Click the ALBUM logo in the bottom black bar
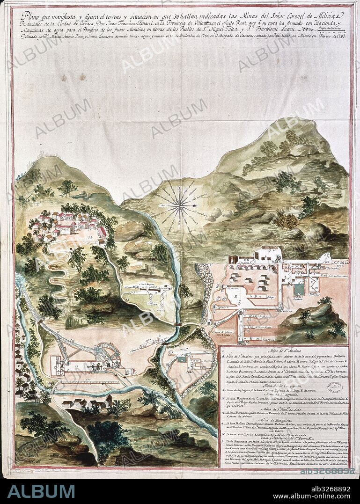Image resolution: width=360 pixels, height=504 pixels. pyautogui.click(x=41, y=491)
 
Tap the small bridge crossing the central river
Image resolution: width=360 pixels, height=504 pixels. pyautogui.click(x=177, y=324)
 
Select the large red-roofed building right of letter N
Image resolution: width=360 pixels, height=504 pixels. pyautogui.click(x=101, y=232)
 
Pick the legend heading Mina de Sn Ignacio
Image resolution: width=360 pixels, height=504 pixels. pyautogui.click(x=283, y=402)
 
